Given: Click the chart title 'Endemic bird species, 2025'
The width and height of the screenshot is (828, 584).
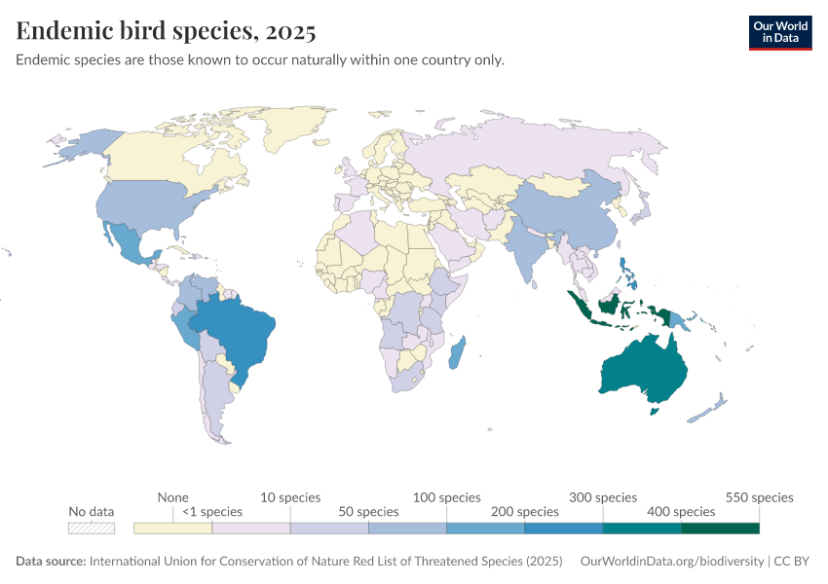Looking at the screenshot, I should click(x=166, y=31).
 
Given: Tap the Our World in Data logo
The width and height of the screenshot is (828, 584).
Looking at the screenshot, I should click(x=779, y=32).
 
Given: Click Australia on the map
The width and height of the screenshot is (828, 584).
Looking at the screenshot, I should click(x=643, y=373).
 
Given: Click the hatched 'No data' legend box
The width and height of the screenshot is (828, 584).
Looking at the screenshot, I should click(x=92, y=528).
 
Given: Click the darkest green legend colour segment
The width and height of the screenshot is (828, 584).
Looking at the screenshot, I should click(x=720, y=528).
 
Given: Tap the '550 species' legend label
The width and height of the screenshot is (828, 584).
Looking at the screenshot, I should click(x=760, y=497).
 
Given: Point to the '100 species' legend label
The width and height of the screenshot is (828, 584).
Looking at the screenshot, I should click(x=447, y=497).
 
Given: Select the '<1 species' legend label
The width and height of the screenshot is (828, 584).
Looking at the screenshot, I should click(x=212, y=511).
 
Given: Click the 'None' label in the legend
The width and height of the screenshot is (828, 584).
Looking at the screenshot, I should click(x=172, y=497).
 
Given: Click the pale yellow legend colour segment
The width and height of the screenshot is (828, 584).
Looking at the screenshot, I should click(x=173, y=528).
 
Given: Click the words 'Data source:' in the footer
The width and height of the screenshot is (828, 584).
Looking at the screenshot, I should click(x=51, y=562).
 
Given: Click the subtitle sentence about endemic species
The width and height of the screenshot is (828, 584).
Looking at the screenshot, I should click(x=260, y=60).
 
